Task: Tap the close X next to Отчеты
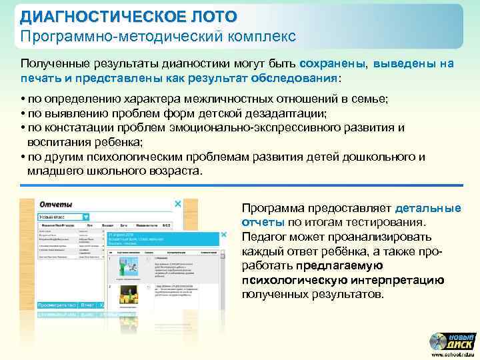tap(177, 204)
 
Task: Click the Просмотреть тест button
tap(57, 304)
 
